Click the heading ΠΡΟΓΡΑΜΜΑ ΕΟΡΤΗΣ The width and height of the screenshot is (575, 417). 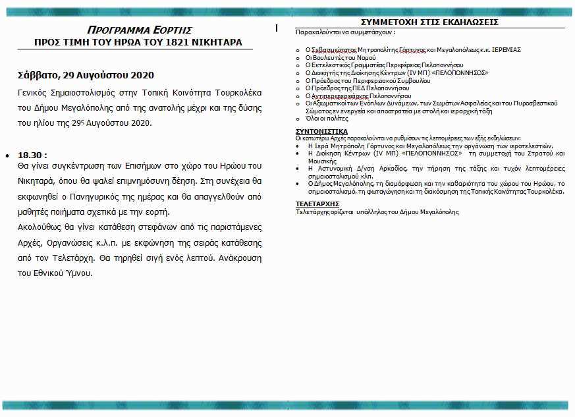[x=139, y=30]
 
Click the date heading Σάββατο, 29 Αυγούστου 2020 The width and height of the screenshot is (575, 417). [x=86, y=76]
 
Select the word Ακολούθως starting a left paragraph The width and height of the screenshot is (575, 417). [x=40, y=227]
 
